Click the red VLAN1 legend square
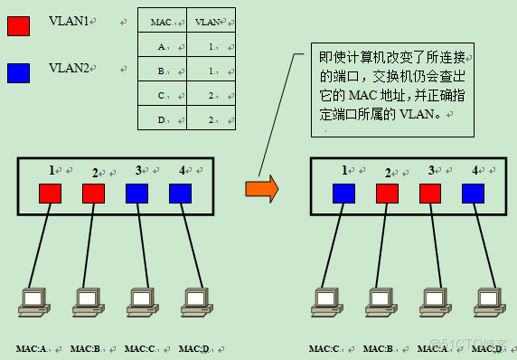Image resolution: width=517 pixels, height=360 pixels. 18,26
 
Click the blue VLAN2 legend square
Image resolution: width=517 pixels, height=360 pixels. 18,71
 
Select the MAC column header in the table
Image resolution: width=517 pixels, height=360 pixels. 162,22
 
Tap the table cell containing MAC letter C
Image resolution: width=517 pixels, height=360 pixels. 162,94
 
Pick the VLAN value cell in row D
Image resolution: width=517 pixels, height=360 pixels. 210,118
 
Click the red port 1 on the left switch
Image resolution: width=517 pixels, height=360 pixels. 50,193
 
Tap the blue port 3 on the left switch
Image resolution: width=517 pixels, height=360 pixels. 136,193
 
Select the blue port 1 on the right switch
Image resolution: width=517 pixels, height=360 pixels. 344,193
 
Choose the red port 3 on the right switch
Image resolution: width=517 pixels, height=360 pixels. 430,193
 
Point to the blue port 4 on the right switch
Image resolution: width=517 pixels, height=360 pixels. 473,193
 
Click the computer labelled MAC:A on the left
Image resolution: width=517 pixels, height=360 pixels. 33,301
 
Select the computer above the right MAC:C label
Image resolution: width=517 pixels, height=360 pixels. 325,301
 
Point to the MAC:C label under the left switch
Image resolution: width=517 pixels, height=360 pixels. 139,348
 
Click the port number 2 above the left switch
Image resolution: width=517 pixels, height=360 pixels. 94,172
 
